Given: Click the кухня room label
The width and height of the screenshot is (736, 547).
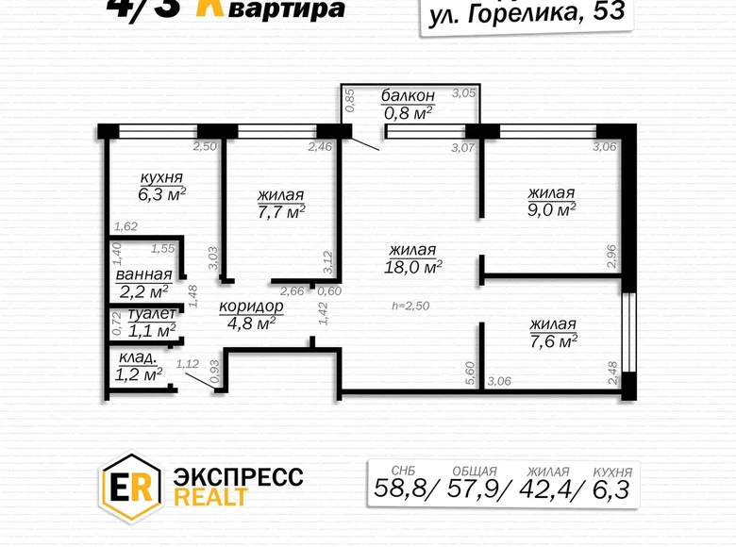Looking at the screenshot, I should [161, 177].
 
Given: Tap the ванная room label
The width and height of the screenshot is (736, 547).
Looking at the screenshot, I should [143, 274].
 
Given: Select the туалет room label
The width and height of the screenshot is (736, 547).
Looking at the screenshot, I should [152, 314].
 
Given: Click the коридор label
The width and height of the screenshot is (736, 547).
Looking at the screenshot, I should [251, 307].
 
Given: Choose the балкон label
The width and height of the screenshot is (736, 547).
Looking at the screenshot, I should [408, 95].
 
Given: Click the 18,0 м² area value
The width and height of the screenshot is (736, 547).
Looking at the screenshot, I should [414, 267].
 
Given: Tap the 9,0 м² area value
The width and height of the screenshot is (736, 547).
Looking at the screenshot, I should [551, 209].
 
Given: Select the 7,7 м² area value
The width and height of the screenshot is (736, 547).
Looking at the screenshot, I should [281, 212].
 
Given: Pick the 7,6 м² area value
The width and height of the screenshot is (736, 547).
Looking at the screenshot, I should [553, 340].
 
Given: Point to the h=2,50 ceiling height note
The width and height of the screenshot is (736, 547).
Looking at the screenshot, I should [410, 307].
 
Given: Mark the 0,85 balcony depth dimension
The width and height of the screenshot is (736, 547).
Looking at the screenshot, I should [350, 100].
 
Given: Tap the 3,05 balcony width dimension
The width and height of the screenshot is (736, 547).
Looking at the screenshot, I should [463, 92].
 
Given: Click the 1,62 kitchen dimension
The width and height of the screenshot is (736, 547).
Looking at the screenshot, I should [125, 227].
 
